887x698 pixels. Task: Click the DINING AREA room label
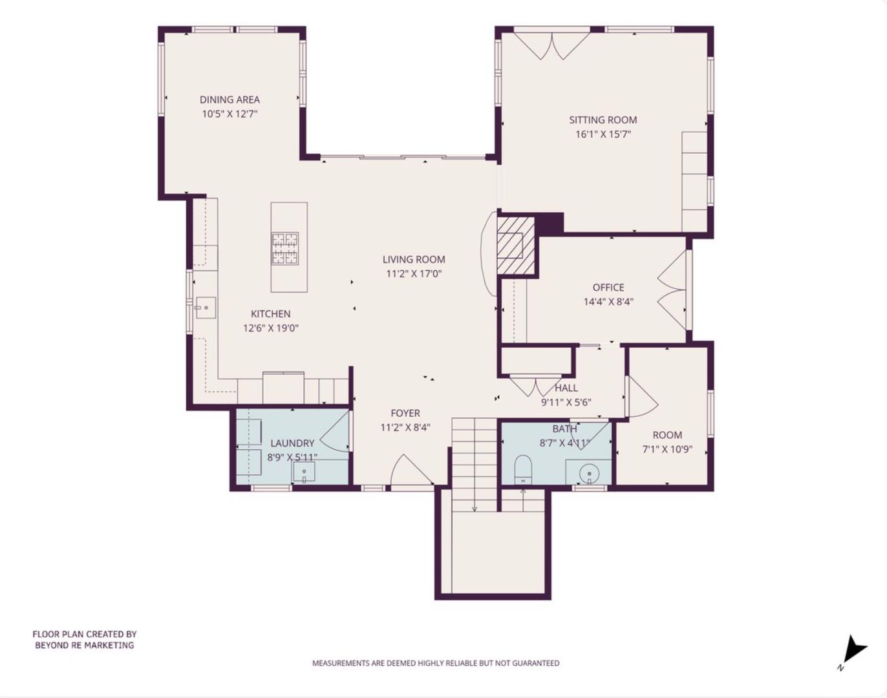pyautogui.click(x=230, y=100)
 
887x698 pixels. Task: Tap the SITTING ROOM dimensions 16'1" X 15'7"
pyautogui.click(x=603, y=134)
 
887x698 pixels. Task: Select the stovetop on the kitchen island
pyautogui.click(x=284, y=248)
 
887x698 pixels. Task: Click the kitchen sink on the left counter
pyautogui.click(x=205, y=308)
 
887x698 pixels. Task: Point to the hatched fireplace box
pyautogui.click(x=515, y=245)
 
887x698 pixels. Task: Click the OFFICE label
pyautogui.click(x=608, y=288)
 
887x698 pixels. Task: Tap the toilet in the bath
pyautogui.click(x=522, y=469)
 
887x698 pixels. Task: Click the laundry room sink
pyautogui.click(x=305, y=473)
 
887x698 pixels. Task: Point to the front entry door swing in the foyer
pyautogui.click(x=409, y=471)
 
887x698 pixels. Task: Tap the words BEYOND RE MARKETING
pyautogui.click(x=85, y=645)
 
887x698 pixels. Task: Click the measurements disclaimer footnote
pyautogui.click(x=436, y=663)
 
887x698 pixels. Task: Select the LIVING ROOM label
pyautogui.click(x=414, y=260)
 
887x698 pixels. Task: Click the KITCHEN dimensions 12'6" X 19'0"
pyautogui.click(x=270, y=328)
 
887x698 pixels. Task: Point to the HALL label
pyautogui.click(x=566, y=388)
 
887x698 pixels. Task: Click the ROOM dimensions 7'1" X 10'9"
pyautogui.click(x=667, y=449)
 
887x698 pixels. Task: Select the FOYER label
pyautogui.click(x=405, y=413)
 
